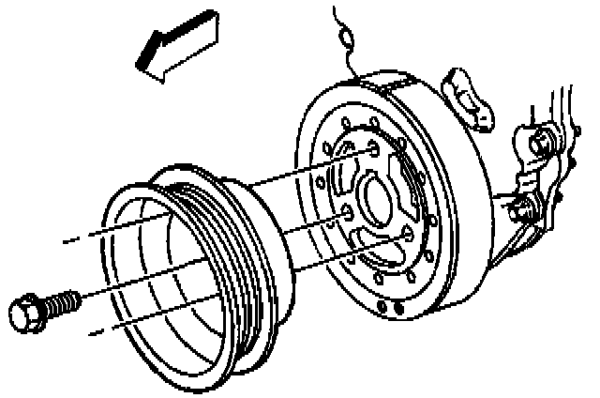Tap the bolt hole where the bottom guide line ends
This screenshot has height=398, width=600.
(x=406, y=235)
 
